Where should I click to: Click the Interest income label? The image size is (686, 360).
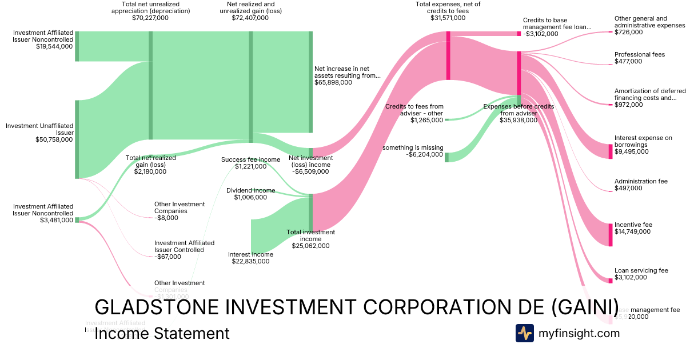pyautogui.click(x=250, y=254)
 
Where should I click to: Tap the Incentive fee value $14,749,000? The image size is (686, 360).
pyautogui.click(x=633, y=232)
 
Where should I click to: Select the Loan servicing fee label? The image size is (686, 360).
pyautogui.click(x=641, y=270)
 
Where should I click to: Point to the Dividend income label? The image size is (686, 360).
pyautogui.click(x=250, y=190)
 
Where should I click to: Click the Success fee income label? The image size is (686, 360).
pyautogui.click(x=250, y=159)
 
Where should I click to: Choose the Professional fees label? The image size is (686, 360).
pyautogui.click(x=640, y=54)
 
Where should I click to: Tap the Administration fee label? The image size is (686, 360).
pyautogui.click(x=641, y=181)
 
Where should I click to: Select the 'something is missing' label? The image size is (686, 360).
pyautogui.click(x=413, y=147)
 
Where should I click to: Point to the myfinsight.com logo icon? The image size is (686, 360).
pyautogui.click(x=524, y=333)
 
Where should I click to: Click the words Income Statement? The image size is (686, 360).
pyautogui.click(x=162, y=333)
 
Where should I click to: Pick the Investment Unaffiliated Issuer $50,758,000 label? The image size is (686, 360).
pyautogui.click(x=40, y=132)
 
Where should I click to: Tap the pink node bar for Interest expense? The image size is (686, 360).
pyautogui.click(x=610, y=151)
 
